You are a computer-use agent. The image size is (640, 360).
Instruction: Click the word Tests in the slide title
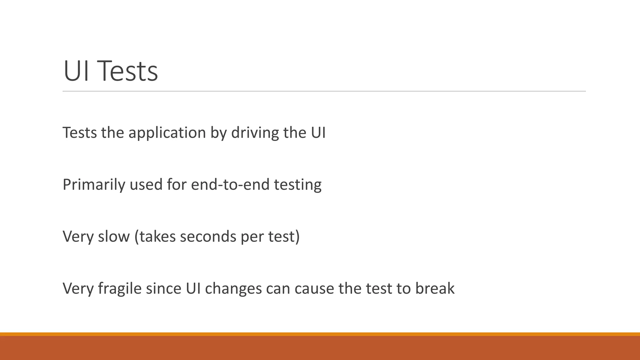(129, 71)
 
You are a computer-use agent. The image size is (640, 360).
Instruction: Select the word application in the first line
(167, 133)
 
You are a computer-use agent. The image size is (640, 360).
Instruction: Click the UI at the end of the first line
(318, 133)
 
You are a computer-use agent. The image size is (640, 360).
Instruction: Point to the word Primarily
(94, 185)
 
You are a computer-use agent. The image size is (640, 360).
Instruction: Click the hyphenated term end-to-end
(230, 185)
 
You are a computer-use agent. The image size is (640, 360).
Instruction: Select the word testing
(297, 185)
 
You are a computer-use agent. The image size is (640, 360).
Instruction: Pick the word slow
(114, 237)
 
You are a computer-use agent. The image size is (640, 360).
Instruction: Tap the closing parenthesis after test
(297, 237)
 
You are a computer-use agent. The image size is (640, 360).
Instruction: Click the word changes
(233, 288)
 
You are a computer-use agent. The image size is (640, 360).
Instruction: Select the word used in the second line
(146, 185)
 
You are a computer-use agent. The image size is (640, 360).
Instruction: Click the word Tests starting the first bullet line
(80, 133)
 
